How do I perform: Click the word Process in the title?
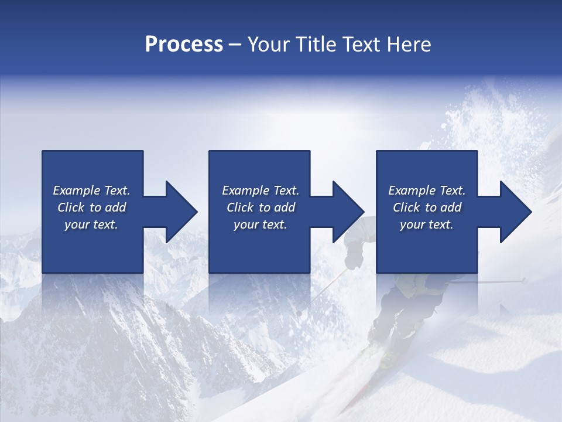[x=184, y=45]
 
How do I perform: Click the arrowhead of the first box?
[x=181, y=212]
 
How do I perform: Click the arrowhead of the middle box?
[x=348, y=212]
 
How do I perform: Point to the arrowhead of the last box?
[x=515, y=212]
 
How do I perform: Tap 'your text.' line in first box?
[x=91, y=224]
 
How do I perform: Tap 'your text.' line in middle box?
[x=260, y=224]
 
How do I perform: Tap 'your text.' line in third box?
[x=426, y=224]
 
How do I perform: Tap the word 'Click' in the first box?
[x=71, y=207]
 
